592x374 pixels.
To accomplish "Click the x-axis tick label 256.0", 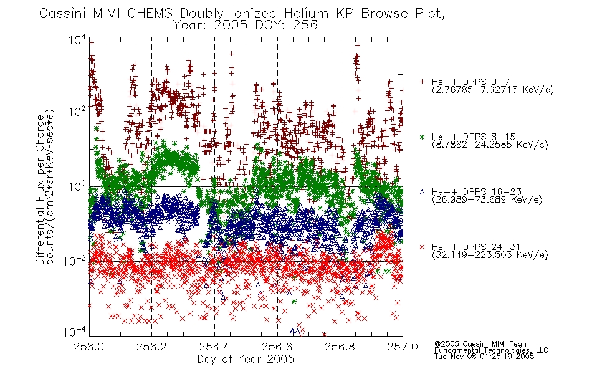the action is (89, 347).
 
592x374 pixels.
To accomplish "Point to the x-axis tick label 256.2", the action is (152, 347).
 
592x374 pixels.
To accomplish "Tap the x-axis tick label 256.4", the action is (214, 347).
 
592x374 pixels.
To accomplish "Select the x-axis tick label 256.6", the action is (277, 347).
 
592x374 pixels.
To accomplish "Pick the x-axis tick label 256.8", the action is (340, 347).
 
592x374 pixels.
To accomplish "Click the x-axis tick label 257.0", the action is (403, 347).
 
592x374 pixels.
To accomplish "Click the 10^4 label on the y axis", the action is (77, 40).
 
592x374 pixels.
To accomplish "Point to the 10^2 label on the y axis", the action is (77, 112).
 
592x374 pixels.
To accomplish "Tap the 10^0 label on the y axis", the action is (77, 186).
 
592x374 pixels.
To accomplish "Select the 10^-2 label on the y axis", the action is (75, 261).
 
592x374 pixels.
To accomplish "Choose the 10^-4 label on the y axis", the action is (75, 332).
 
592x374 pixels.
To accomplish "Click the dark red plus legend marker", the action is (422, 82).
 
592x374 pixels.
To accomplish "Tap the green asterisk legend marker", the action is (422, 137).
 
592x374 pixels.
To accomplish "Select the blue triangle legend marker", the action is (422, 192).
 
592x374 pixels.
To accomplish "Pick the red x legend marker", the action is (422, 247).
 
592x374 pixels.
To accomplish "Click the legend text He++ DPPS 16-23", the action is (477, 192).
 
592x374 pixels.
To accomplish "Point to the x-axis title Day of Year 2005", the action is (246, 359).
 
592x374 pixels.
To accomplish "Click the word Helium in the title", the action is (306, 14).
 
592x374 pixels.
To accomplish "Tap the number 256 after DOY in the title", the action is (305, 26).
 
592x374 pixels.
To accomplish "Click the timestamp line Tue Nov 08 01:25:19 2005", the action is (484, 357).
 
